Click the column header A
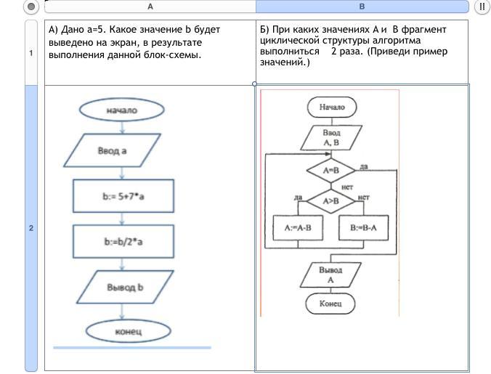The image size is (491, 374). tap(150, 7)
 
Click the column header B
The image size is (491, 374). tap(362, 7)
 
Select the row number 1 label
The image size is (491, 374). tap(31, 53)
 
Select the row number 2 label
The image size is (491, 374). tap(31, 228)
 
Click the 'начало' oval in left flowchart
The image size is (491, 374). tap(122, 110)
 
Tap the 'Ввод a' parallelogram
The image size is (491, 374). tap(121, 151)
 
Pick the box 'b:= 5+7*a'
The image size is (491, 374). tap(123, 195)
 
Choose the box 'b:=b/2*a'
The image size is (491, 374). tap(123, 241)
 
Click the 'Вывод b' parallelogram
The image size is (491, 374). tap(125, 287)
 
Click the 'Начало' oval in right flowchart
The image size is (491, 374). tap(332, 107)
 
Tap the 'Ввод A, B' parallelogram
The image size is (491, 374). tap(331, 138)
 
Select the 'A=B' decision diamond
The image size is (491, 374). tap(331, 171)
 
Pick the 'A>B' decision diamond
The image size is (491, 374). tap(331, 200)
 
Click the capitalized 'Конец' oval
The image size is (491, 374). tap(330, 304)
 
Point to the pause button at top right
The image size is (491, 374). tap(482, 7)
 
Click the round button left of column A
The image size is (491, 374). tap(31, 7)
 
